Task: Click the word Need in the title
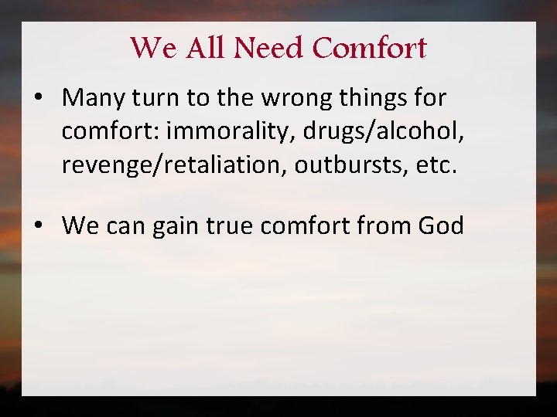270,48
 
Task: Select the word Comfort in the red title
371,48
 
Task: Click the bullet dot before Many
37,98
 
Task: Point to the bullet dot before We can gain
37,225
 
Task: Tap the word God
440,225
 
